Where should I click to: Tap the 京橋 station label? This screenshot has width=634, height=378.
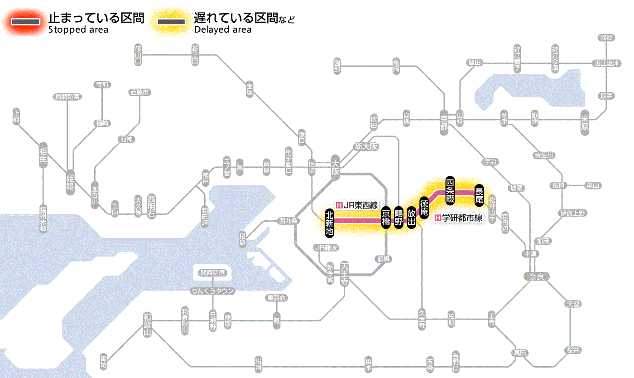[x=386, y=218]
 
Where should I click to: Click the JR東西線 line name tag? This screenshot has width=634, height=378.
[x=357, y=205]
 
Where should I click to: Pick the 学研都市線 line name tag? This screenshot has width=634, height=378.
[x=458, y=218]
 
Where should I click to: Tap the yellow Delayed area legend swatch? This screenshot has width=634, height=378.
[x=171, y=22]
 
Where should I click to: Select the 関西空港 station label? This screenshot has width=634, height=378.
[x=212, y=273]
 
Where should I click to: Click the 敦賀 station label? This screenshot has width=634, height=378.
[x=606, y=38]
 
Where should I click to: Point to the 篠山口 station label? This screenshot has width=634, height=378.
[x=138, y=54]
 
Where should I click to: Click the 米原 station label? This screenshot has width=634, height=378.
[x=585, y=122]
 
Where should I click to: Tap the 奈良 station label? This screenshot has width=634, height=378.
[x=536, y=276]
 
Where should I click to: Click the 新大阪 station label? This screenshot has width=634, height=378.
[x=366, y=146]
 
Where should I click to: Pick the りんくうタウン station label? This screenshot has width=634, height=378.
[x=212, y=291]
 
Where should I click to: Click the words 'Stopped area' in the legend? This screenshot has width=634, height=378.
[x=78, y=30]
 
